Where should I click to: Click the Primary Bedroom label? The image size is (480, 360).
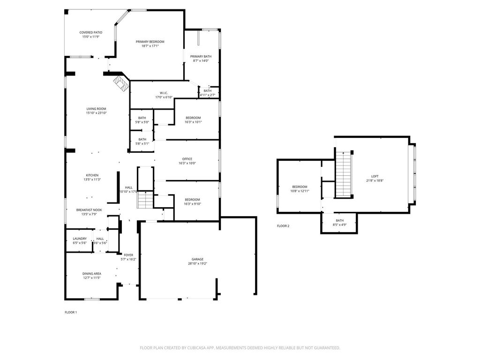(150, 42)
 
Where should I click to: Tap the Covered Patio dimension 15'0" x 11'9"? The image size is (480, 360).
(90, 37)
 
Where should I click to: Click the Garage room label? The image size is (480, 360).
(197, 259)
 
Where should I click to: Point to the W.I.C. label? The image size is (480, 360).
(164, 93)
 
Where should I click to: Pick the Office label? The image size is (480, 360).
(187, 159)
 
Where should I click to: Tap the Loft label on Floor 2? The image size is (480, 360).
(375, 176)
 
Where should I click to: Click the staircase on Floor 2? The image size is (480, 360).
(343, 174)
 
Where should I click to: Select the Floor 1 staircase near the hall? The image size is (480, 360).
(145, 200)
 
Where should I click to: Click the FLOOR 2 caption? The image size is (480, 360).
(283, 226)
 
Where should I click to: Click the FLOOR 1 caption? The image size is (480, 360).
(71, 312)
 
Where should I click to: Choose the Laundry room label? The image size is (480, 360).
(80, 239)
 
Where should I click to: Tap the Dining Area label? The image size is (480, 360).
(91, 274)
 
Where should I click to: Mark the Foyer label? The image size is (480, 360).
(128, 255)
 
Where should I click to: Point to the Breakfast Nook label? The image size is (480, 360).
(89, 210)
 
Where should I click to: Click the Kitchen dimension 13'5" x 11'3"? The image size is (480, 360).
(92, 180)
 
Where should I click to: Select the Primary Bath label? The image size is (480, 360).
(201, 56)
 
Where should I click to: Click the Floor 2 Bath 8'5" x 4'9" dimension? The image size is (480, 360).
(339, 225)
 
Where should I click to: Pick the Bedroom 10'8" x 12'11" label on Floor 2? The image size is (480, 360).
(300, 187)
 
